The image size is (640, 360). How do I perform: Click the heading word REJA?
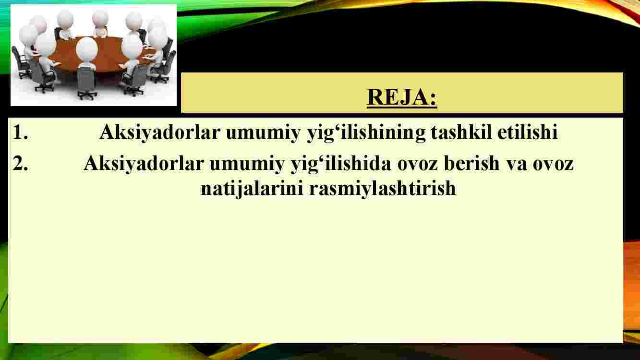402,97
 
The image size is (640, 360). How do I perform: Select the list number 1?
20,132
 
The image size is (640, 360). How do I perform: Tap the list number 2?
20,163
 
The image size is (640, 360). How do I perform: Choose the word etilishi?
528,132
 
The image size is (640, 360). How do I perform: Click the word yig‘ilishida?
340,164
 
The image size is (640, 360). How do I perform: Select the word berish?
471,163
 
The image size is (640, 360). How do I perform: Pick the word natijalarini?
252,189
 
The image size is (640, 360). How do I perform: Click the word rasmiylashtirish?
383,189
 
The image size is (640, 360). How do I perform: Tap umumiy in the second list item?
247,166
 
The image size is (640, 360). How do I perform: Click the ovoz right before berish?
418,166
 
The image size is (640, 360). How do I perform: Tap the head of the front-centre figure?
87,48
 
